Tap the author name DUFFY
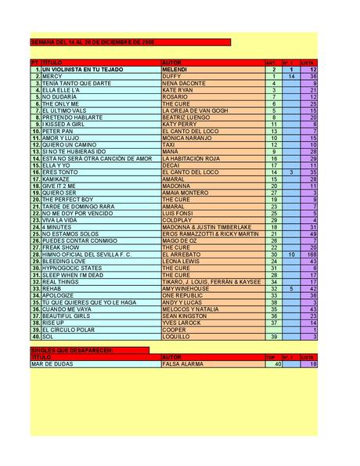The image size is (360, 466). click(x=172, y=76)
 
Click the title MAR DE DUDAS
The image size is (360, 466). click(x=54, y=363)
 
